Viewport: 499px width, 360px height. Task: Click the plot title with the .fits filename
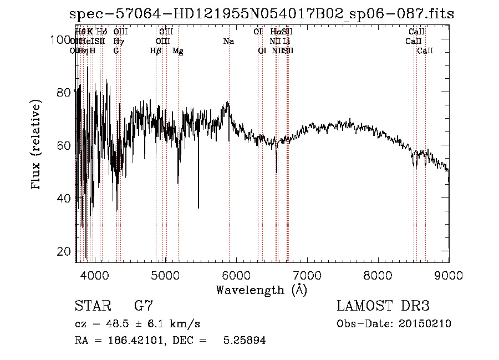click(262, 14)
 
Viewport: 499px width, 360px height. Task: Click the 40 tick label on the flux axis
click(64, 199)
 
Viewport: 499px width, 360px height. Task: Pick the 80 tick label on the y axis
click(64, 92)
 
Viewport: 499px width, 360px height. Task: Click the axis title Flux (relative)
click(37, 145)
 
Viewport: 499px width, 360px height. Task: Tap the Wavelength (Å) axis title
click(262, 290)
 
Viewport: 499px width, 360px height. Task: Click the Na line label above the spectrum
click(228, 42)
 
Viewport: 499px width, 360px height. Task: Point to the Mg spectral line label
click(178, 51)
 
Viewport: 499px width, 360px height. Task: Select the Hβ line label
click(156, 51)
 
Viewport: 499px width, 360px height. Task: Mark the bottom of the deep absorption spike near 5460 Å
click(198, 207)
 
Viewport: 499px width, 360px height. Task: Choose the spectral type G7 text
click(143, 306)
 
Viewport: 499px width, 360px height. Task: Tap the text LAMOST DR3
click(383, 306)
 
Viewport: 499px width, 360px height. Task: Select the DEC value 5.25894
click(244, 341)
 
